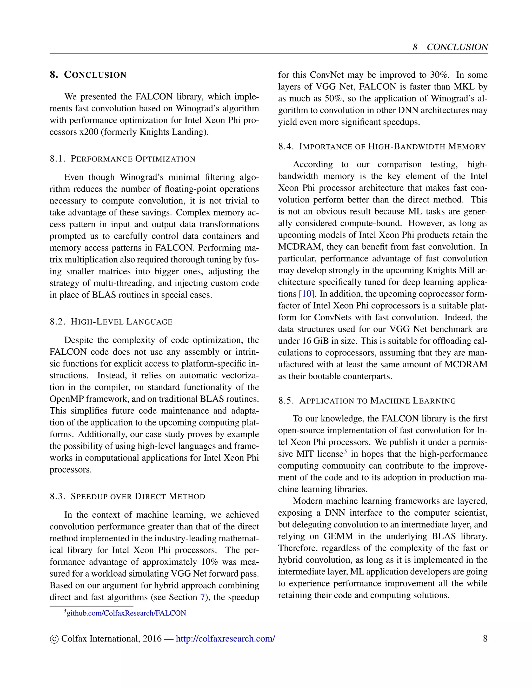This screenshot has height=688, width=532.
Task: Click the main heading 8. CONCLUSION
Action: tap(88, 75)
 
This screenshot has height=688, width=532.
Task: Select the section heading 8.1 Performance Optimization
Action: tap(122, 159)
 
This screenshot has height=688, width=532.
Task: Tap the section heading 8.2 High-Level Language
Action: tap(111, 322)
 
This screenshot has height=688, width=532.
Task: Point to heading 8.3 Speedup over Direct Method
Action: tap(127, 496)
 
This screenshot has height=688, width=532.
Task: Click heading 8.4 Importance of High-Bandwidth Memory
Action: tap(382, 146)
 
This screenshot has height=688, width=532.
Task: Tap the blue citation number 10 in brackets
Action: tap(306, 294)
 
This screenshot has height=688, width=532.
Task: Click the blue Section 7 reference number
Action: tap(202, 597)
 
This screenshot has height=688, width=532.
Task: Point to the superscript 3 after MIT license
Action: tap(345, 452)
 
